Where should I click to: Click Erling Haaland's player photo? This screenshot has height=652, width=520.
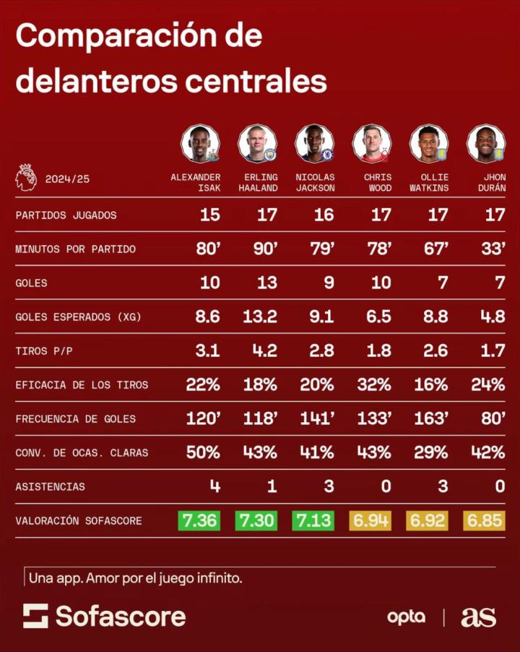[x=257, y=143]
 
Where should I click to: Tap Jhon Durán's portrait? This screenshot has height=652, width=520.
[x=486, y=143]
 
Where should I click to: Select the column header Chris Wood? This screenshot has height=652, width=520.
[x=378, y=182]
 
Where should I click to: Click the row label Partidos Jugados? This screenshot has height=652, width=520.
[x=66, y=215]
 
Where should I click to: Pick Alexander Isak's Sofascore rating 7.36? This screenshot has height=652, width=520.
[x=199, y=520]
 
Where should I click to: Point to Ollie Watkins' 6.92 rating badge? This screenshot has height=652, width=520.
[x=428, y=520]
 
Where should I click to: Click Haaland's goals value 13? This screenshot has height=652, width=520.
[x=266, y=283]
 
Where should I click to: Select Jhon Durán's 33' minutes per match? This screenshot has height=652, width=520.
[x=493, y=249]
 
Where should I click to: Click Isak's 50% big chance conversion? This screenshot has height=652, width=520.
[x=203, y=452]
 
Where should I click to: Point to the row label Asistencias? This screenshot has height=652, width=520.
[x=50, y=486]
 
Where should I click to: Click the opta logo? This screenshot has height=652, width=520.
[x=406, y=617]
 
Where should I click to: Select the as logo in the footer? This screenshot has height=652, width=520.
[x=478, y=617]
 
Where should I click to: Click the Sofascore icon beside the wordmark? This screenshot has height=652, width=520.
[x=35, y=616]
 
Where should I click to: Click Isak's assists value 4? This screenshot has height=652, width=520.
[x=214, y=486]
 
